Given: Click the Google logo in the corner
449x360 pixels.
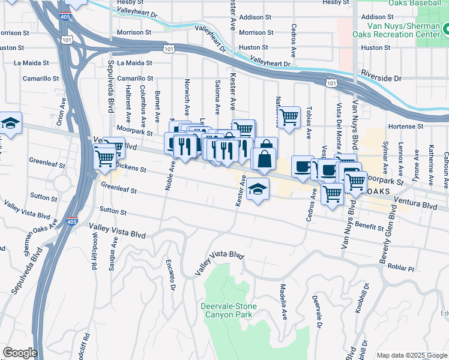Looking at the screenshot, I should pos(19,353).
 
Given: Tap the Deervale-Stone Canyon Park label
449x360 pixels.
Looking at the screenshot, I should pos(228,310).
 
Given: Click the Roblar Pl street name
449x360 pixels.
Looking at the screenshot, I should pos(402,267).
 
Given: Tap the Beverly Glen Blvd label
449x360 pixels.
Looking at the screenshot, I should pos(388,233).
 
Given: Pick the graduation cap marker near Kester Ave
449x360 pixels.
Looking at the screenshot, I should pos(258,189).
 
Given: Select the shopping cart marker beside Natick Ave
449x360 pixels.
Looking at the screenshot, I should pos(289,117).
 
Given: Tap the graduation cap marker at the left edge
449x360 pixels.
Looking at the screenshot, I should pos(10,123).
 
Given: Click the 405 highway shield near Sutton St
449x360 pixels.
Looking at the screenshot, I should pos(71,221).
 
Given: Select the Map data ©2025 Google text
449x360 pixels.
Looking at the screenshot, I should pos(412,355).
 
